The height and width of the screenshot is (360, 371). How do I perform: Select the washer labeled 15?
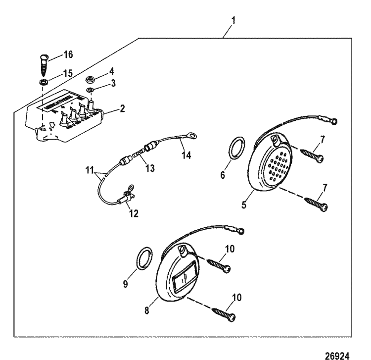coord(43,81)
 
